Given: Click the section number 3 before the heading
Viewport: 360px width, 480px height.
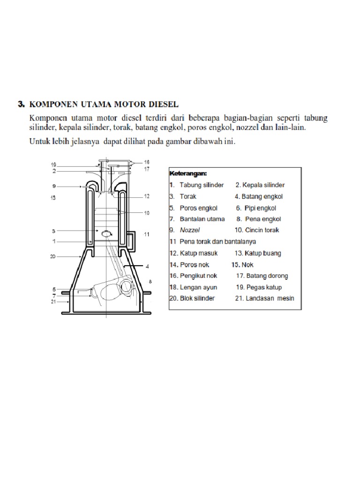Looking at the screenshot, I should [x=21, y=104].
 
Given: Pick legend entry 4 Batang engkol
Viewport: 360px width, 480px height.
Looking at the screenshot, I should [x=259, y=196].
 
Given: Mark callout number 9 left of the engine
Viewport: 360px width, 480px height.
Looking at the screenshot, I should [x=54, y=187].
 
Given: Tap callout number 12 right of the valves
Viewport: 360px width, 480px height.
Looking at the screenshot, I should [x=147, y=196].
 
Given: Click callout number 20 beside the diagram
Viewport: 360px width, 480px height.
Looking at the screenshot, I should [x=53, y=256].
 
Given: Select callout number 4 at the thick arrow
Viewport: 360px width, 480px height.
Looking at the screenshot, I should [x=147, y=266].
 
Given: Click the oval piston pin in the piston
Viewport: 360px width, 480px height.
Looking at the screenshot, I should [x=106, y=232].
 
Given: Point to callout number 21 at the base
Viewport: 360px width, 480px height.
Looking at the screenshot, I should [x=53, y=302].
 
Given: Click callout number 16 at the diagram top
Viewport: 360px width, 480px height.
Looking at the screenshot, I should [x=147, y=162].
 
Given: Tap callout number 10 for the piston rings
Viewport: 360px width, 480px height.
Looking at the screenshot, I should [x=147, y=213].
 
